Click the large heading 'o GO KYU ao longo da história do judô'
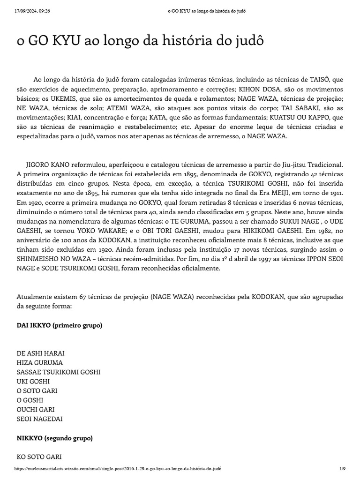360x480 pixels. tap(140, 41)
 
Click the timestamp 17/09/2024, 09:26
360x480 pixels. tap(32, 11)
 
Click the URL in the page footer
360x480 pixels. tap(118, 468)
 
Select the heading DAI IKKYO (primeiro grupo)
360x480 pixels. tap(60, 325)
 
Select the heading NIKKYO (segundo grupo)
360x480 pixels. tap(54, 438)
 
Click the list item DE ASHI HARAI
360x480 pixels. tap(41, 353)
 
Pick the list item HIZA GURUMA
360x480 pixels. tap(40, 362)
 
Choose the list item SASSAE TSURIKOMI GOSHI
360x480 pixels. tap(59, 372)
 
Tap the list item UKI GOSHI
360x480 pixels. tap(33, 381)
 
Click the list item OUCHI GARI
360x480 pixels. tap(36, 409)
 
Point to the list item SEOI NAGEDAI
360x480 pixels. tap(40, 419)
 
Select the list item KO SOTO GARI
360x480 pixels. tap(39, 457)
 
